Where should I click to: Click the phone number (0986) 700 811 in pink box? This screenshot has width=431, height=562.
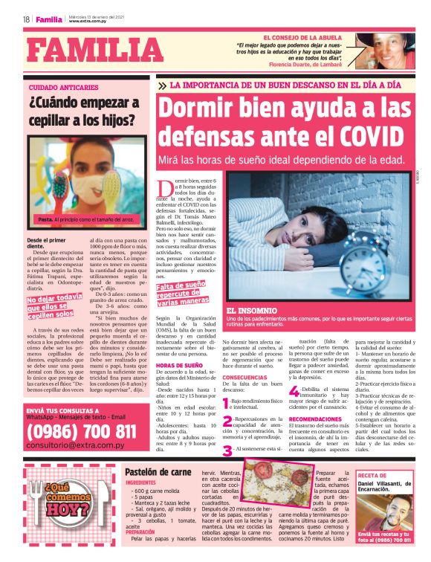[x=81, y=431]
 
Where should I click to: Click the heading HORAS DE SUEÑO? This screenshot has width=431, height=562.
[x=179, y=366]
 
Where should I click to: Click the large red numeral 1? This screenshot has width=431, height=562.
[x=226, y=404]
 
